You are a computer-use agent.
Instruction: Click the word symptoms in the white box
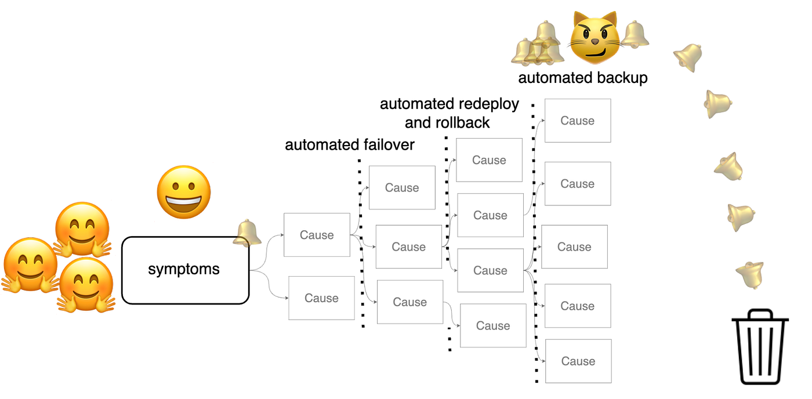(184, 270)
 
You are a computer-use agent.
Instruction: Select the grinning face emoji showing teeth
(183, 192)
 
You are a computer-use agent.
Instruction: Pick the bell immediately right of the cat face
(635, 34)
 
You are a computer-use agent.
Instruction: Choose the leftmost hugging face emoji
(29, 265)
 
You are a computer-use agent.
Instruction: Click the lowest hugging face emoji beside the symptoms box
(85, 285)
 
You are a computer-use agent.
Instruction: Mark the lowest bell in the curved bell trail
(751, 274)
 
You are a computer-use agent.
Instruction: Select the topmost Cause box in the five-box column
(578, 121)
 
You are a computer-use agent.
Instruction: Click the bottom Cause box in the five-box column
(578, 361)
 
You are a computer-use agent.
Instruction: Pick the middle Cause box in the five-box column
(574, 247)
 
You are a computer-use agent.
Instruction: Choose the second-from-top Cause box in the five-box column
(578, 184)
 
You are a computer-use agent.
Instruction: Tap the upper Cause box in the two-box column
(317, 235)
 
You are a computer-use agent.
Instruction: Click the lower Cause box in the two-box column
(321, 298)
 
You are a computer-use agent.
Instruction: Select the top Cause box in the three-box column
(402, 188)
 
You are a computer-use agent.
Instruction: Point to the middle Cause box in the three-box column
(408, 247)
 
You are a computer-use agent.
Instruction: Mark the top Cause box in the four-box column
(489, 160)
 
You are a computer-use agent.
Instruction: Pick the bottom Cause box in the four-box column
(493, 326)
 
